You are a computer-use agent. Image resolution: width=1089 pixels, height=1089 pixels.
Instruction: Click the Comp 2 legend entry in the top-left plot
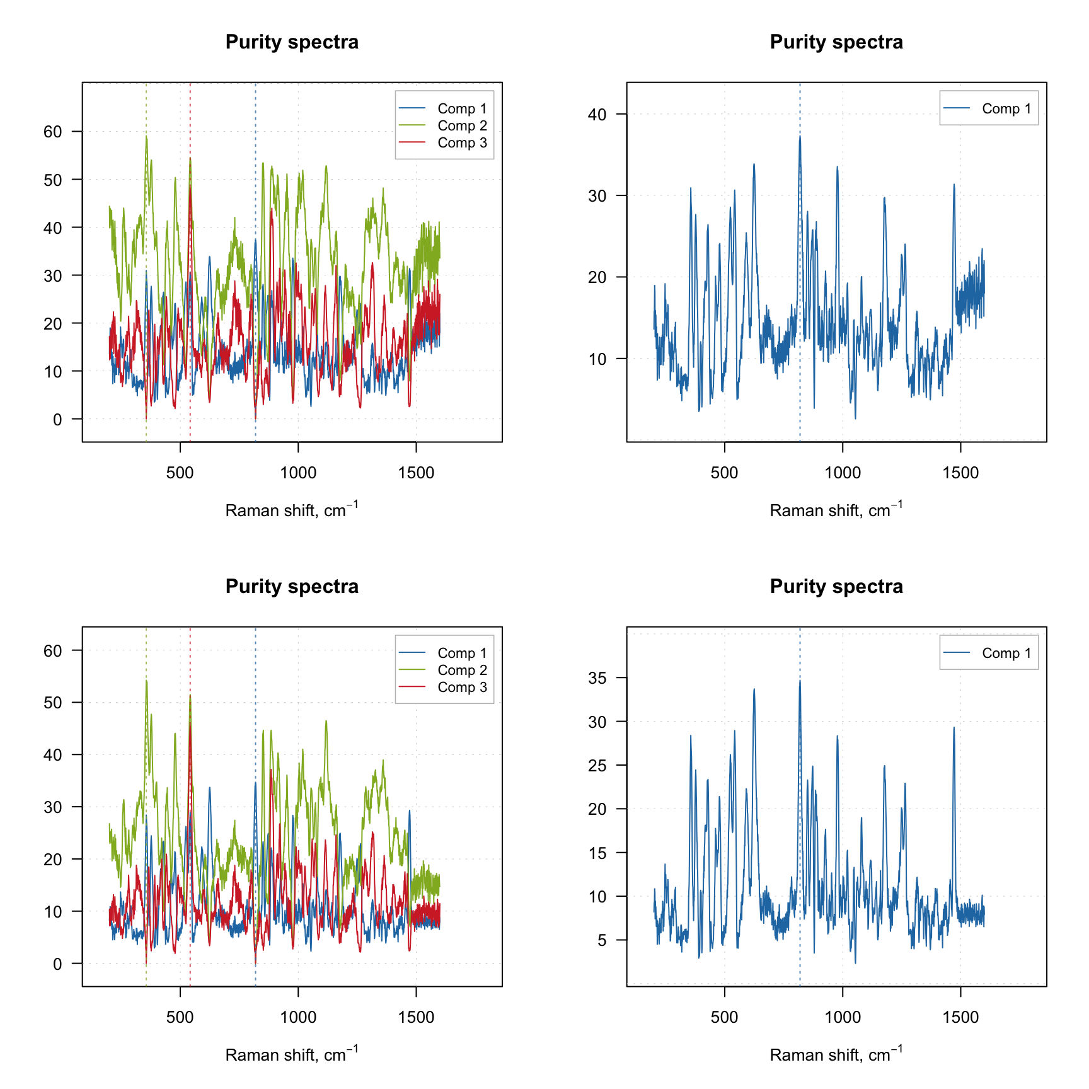coord(461,126)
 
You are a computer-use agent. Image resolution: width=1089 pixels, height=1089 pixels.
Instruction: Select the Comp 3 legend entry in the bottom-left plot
coord(461,688)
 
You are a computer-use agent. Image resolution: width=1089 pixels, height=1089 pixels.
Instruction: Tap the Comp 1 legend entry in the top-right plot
coord(1006,109)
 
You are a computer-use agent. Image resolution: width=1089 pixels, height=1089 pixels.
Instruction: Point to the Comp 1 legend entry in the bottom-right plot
coord(1006,654)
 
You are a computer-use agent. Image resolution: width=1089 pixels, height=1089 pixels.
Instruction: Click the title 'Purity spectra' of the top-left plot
coord(292,42)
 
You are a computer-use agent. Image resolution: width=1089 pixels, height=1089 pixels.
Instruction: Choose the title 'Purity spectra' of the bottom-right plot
coord(836,587)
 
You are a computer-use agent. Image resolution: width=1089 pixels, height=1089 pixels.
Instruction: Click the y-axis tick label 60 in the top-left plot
coord(53,132)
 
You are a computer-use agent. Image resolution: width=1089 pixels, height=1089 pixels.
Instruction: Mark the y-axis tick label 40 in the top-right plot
coord(597,115)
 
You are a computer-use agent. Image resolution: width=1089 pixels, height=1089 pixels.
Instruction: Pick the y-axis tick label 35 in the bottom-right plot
coord(597,678)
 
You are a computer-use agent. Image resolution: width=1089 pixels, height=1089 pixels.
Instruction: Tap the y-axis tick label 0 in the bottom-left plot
coord(57,964)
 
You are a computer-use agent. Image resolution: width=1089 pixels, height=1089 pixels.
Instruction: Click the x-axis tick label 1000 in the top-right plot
coord(843,473)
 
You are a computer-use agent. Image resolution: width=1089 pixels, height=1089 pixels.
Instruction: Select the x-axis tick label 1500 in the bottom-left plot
coord(416,1018)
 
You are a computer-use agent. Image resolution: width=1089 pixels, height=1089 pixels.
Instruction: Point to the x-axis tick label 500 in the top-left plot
coord(180,473)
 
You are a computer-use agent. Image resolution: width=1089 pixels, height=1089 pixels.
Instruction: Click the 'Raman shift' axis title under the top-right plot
coord(836,510)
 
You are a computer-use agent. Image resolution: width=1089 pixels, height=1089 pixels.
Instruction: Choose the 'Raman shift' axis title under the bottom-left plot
coord(291,1054)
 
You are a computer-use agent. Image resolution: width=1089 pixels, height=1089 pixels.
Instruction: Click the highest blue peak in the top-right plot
coord(800,137)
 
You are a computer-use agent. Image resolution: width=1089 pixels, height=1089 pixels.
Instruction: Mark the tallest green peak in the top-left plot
coord(146,137)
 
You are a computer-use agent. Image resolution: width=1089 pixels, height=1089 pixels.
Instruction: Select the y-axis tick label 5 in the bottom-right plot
coord(602,940)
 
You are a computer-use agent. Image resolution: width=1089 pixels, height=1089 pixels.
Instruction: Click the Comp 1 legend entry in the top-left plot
coord(461,109)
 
